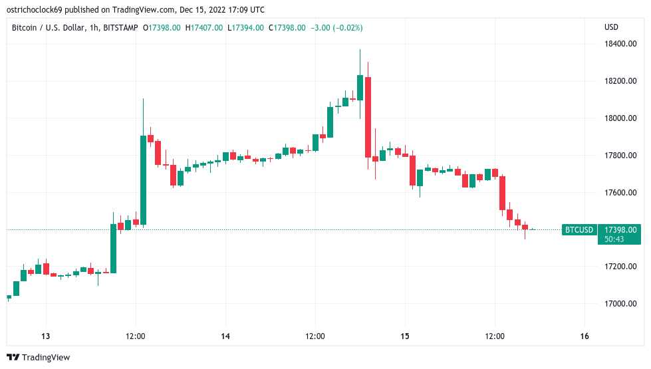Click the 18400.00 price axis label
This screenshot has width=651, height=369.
(620, 44)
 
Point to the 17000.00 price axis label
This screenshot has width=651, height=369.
(620, 304)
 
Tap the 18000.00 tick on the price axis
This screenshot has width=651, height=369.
(620, 118)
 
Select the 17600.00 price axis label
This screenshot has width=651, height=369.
(620, 193)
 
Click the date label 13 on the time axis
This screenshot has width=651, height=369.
(46, 336)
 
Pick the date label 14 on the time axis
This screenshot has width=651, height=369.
(225, 336)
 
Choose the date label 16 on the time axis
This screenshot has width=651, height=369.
(585, 336)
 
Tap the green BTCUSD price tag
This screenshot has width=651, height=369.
(579, 230)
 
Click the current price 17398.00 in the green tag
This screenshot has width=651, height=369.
(620, 229)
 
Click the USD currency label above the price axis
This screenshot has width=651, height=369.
(611, 27)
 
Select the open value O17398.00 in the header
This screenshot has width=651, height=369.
(163, 27)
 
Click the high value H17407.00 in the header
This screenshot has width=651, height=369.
(204, 27)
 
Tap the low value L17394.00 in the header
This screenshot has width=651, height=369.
(245, 27)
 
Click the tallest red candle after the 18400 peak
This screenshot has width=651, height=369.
(367, 117)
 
